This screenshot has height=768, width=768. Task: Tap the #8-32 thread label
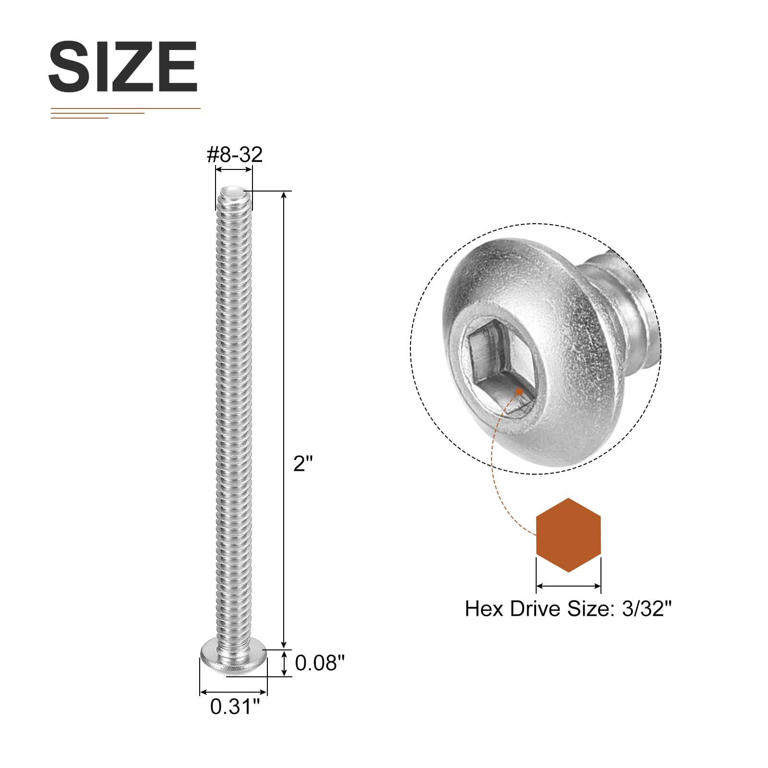click(x=235, y=155)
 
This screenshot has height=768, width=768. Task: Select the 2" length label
click(x=303, y=464)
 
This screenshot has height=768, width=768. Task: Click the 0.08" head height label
click(x=320, y=663)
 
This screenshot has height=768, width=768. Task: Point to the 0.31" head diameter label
click(x=235, y=707)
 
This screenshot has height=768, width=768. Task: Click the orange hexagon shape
click(x=568, y=535)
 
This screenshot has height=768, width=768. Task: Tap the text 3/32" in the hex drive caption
click(x=647, y=609)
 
